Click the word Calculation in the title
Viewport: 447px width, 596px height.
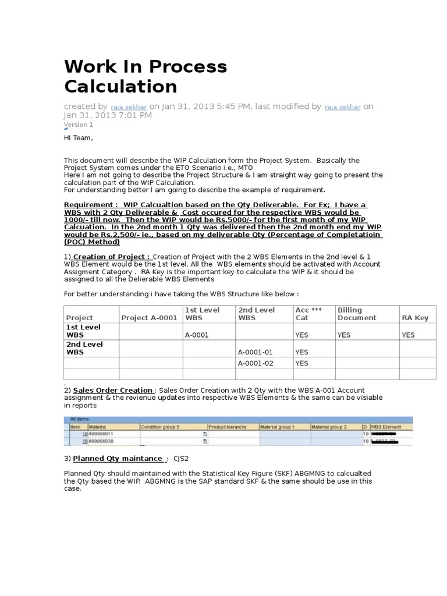(120, 86)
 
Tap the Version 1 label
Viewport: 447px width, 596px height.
(78, 125)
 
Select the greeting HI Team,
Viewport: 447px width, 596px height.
(78, 138)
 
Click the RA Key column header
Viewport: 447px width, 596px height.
(415, 318)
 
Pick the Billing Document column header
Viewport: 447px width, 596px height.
(357, 314)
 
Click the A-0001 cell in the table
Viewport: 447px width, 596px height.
(197, 335)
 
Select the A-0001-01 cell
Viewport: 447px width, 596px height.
(256, 352)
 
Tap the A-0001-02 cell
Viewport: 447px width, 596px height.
(256, 363)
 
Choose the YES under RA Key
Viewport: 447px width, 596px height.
(409, 335)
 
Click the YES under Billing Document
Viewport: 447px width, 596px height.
(345, 335)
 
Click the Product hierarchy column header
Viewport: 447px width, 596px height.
(228, 427)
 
